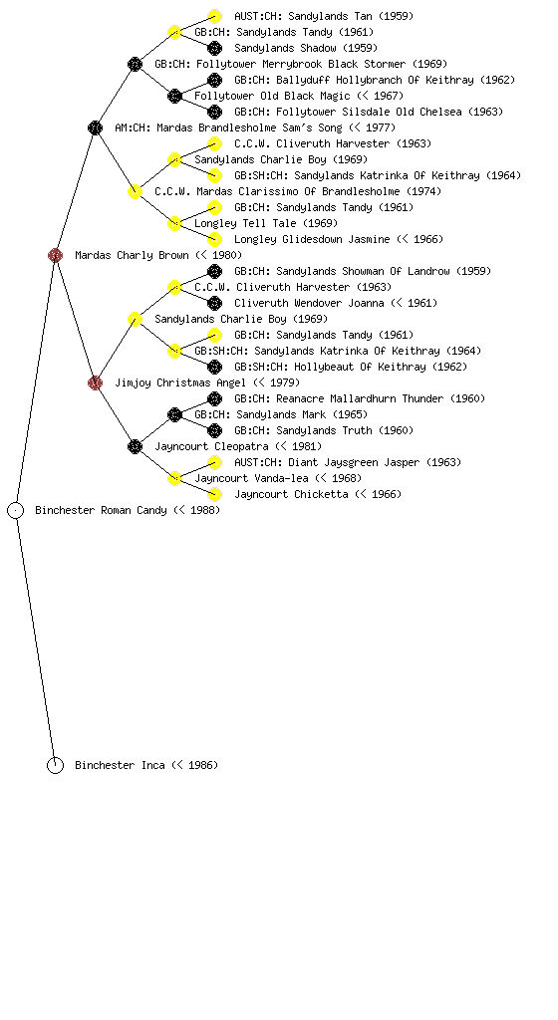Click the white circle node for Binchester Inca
pyautogui.click(x=55, y=765)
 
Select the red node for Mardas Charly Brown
pyautogui.click(x=55, y=255)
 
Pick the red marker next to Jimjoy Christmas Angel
pyautogui.click(x=95, y=382)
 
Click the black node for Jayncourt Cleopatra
pyautogui.click(x=135, y=446)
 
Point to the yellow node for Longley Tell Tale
pyautogui.click(x=174, y=223)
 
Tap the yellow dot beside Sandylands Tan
pyautogui.click(x=214, y=16)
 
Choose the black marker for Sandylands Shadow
pyautogui.click(x=214, y=48)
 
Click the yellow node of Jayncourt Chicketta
pyautogui.click(x=214, y=494)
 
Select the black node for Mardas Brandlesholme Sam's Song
pyautogui.click(x=95, y=127)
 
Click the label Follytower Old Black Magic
pyautogui.click(x=272, y=96)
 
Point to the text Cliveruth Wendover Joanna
pyautogui.click(x=309, y=303)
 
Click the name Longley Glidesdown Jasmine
pyautogui.click(x=312, y=239)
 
